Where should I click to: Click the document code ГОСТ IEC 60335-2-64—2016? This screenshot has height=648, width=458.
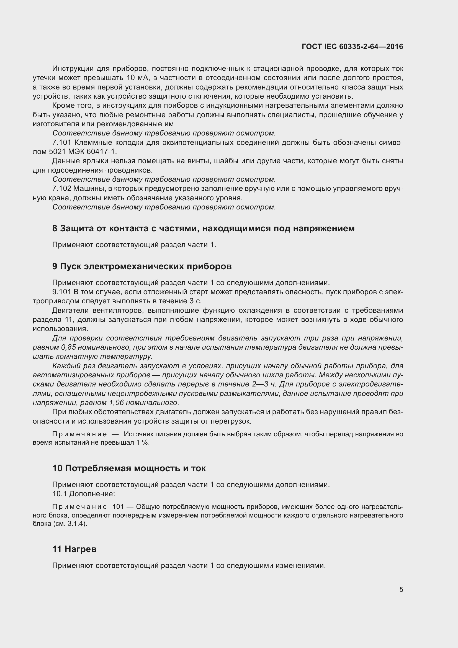tap(352, 47)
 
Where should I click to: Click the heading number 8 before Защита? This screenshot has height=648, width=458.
tap(55, 228)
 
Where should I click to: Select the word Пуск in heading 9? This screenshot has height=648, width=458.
tap(71, 266)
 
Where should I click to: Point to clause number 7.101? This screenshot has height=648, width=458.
tap(62, 142)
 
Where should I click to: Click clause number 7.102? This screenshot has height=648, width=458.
tap(62, 189)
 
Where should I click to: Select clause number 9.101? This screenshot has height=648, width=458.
tap(62, 292)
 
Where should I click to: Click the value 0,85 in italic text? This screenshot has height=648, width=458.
tap(68, 347)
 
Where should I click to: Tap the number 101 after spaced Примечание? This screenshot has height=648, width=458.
tap(118, 507)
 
